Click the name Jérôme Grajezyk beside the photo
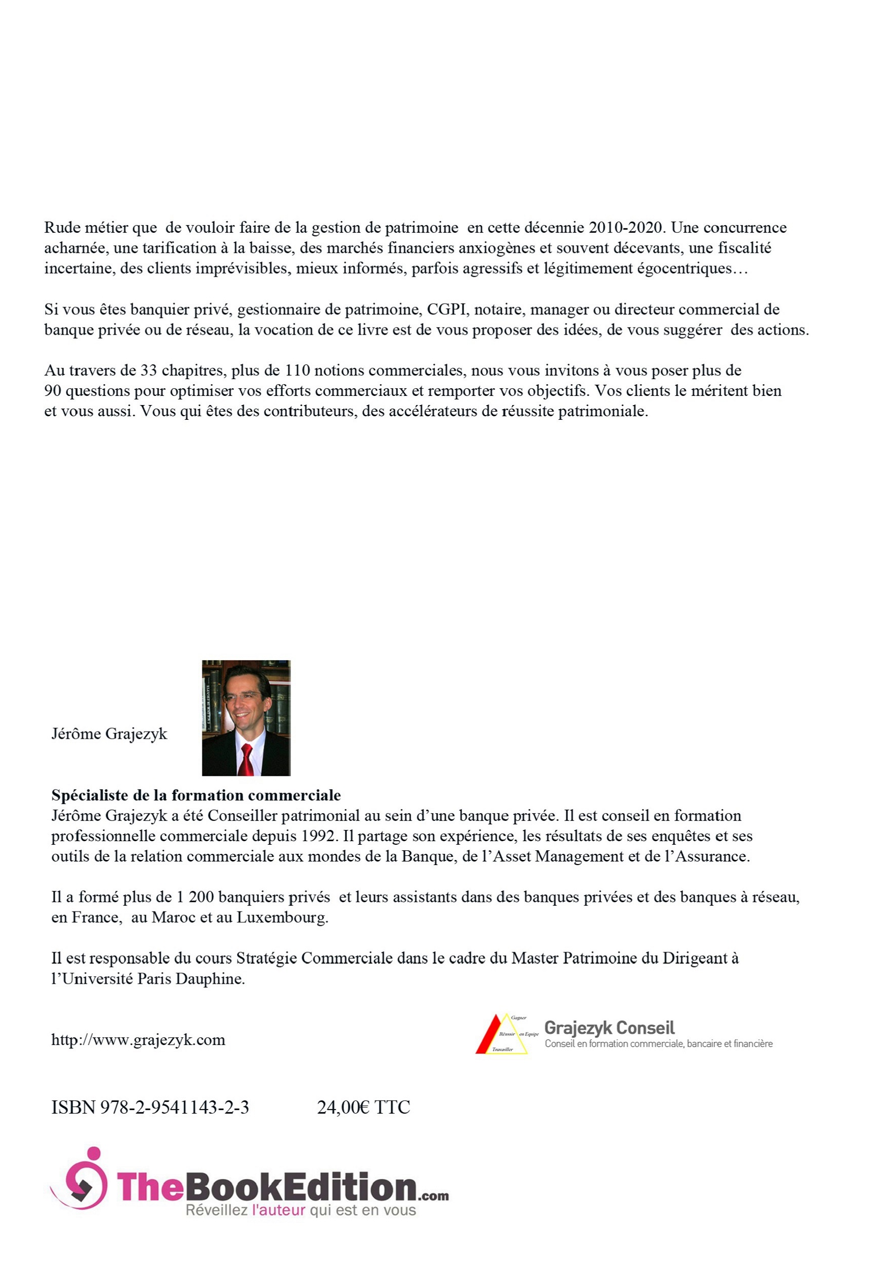pos(109,734)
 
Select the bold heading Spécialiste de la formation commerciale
pos(196,795)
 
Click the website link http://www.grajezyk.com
pos(138,1040)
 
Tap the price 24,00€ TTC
pos(363,1107)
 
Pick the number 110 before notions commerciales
pos(297,370)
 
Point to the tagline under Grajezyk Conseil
pos(659,1044)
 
